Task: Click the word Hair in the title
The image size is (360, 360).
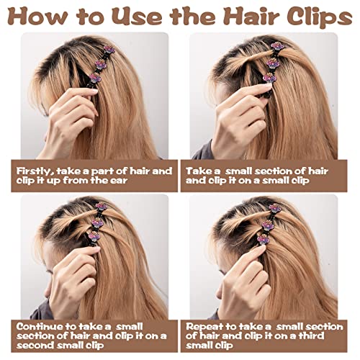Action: coord(252,16)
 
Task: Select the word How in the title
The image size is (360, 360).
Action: coord(37,17)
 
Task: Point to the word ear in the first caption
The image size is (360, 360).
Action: coord(118,181)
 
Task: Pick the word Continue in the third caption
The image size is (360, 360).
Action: coord(41,327)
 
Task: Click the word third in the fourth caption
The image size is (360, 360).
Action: coord(311,336)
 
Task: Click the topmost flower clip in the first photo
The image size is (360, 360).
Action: coord(109,50)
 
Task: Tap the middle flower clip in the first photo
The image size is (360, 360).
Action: coord(101,64)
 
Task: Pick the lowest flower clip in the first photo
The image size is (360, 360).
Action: coord(95,78)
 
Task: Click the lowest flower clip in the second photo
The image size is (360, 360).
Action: coord(269,78)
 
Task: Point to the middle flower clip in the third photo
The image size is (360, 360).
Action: coord(98,222)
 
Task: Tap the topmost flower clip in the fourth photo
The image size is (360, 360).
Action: coord(275,208)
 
